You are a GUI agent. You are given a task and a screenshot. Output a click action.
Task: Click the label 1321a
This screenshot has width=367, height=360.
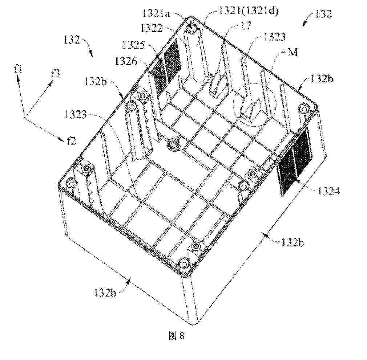click(x=156, y=14)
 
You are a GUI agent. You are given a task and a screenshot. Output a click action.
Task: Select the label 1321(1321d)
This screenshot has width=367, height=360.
click(x=248, y=11)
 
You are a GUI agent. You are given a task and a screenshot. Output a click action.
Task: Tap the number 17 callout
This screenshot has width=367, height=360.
click(x=246, y=26)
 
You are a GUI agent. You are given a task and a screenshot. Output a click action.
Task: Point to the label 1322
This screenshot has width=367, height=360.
click(x=152, y=28)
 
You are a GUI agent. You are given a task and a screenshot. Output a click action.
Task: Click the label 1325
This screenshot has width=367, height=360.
click(x=134, y=45)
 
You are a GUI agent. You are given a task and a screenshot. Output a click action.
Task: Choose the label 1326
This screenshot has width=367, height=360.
click(x=126, y=61)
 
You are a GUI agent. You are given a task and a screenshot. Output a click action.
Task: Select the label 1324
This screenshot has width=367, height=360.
click(x=328, y=191)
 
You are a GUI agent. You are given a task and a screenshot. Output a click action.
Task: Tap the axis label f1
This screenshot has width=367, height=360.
click(x=18, y=69)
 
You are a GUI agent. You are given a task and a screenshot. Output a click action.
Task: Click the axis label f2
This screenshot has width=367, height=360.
click(x=71, y=141)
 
